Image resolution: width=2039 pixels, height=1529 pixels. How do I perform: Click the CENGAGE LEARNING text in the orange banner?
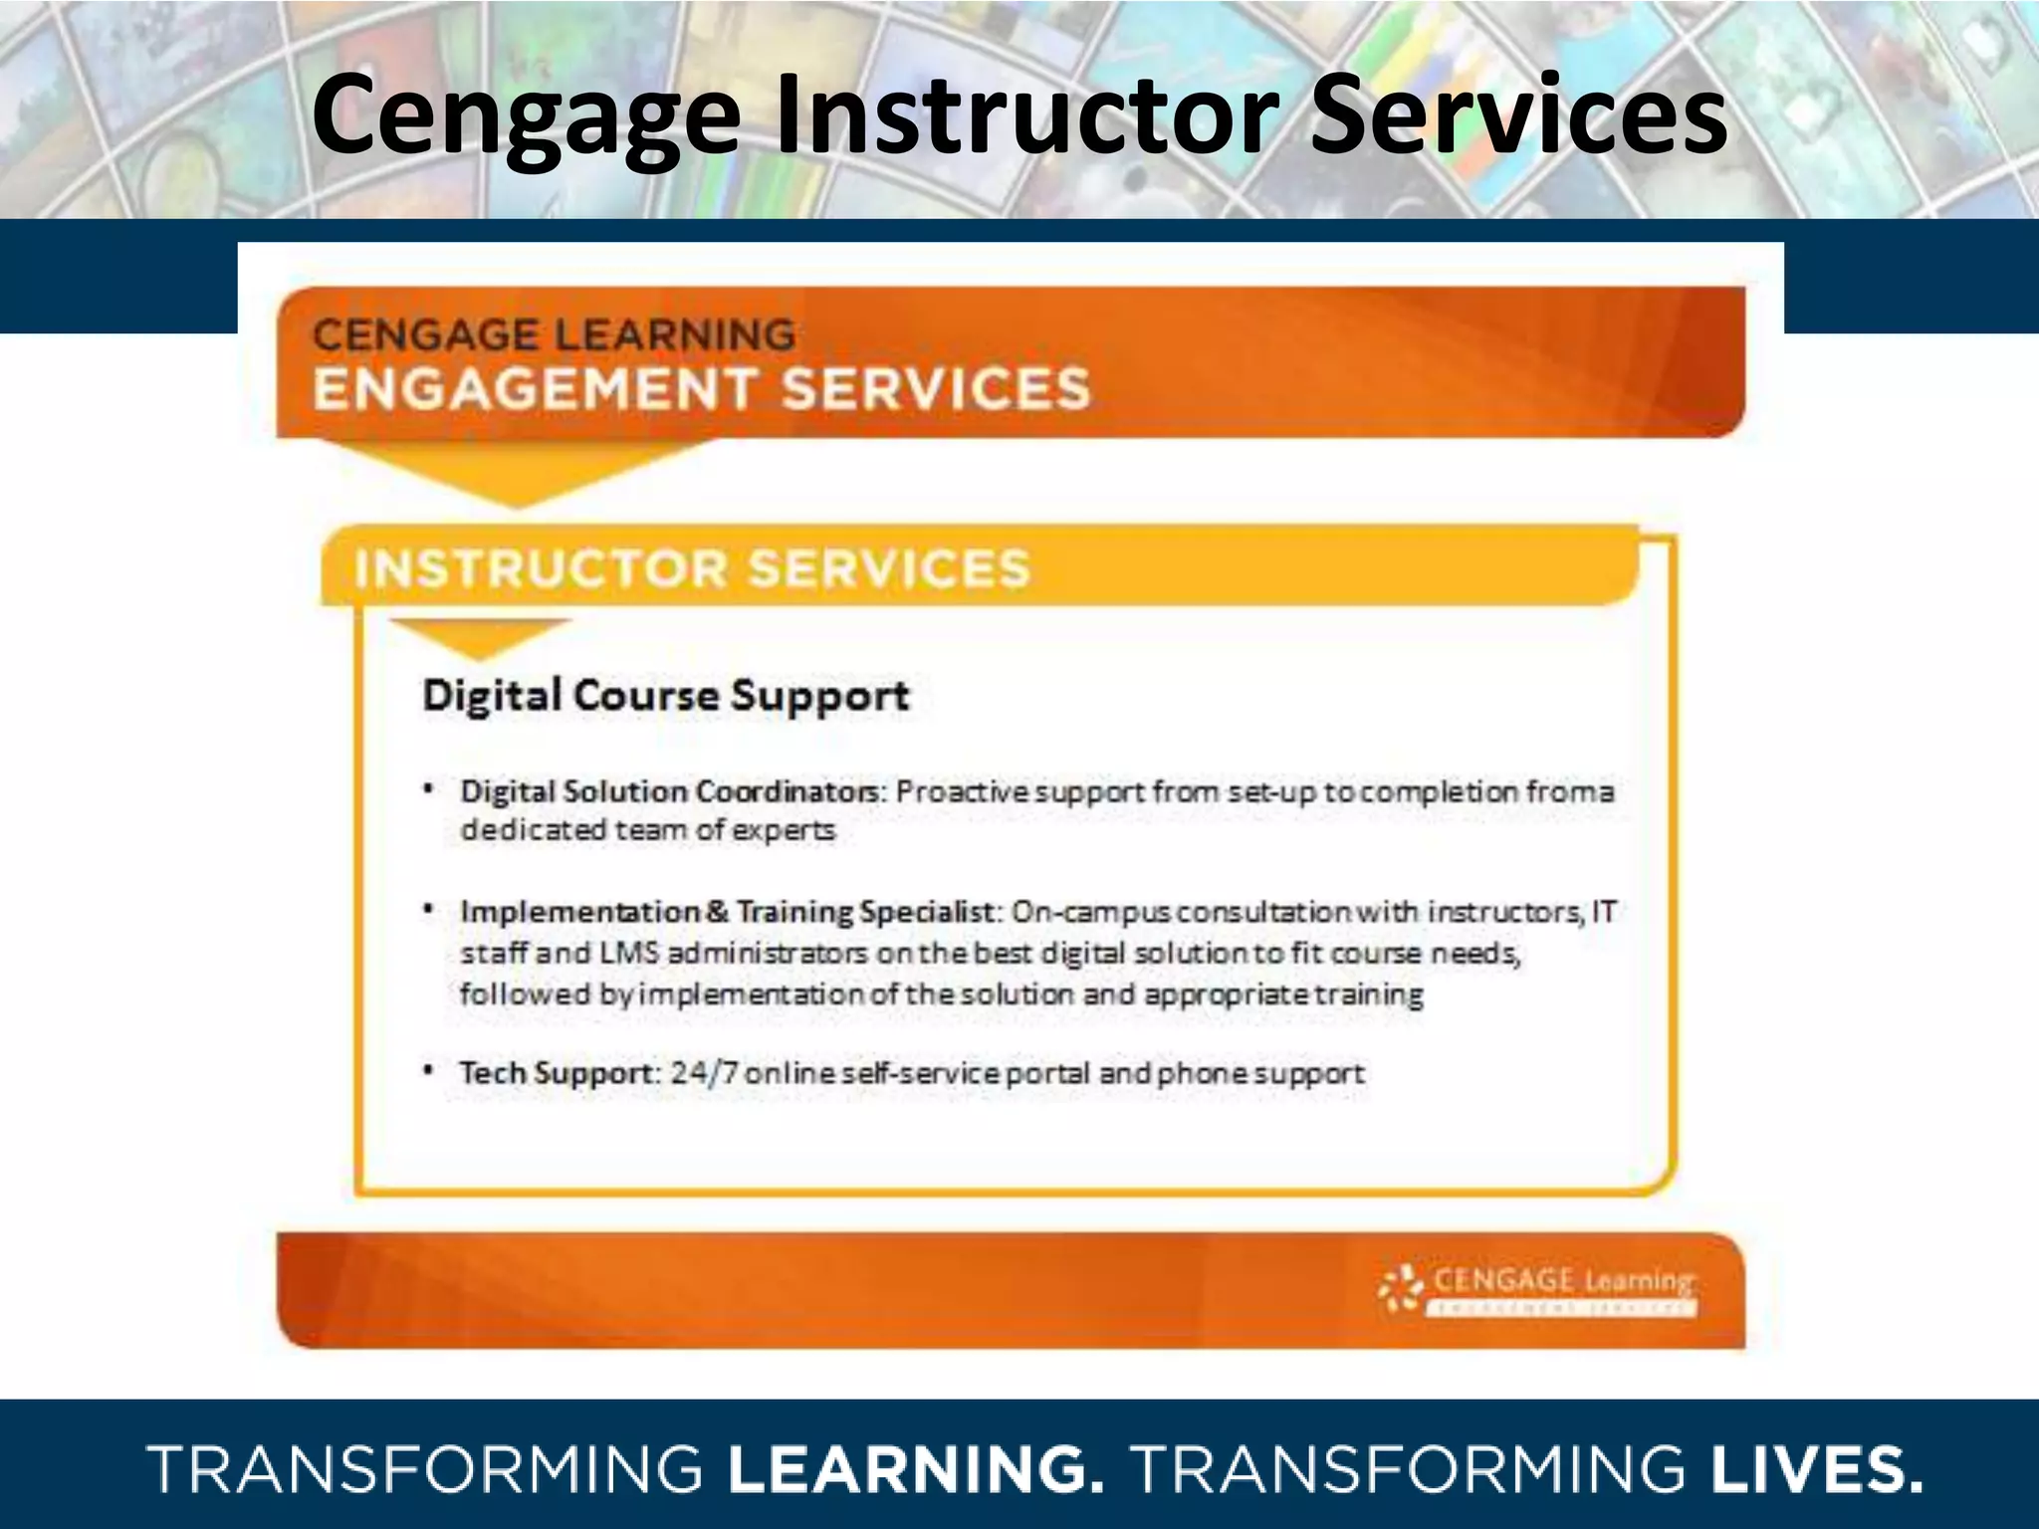coord(555,334)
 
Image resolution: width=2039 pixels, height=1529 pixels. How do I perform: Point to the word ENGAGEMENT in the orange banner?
coord(534,389)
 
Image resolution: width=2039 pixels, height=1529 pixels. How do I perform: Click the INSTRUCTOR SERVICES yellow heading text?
coord(692,568)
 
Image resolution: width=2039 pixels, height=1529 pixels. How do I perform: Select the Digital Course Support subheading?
coord(666,695)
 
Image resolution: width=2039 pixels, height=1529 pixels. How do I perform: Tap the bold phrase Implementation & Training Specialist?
coord(728,912)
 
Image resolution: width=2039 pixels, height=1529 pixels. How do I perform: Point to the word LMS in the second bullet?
coord(629,954)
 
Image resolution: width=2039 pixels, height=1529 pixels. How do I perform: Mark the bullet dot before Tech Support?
coord(428,1071)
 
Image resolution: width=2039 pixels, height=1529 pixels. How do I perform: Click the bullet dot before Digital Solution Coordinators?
coord(428,789)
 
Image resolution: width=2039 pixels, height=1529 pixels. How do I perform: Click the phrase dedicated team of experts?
coord(647,830)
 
